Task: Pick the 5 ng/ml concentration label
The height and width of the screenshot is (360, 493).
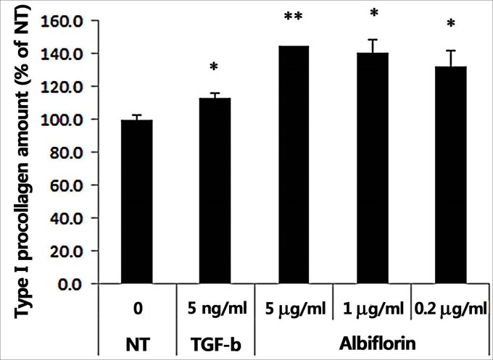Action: [215, 310]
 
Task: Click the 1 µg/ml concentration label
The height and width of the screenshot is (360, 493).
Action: [372, 310]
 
